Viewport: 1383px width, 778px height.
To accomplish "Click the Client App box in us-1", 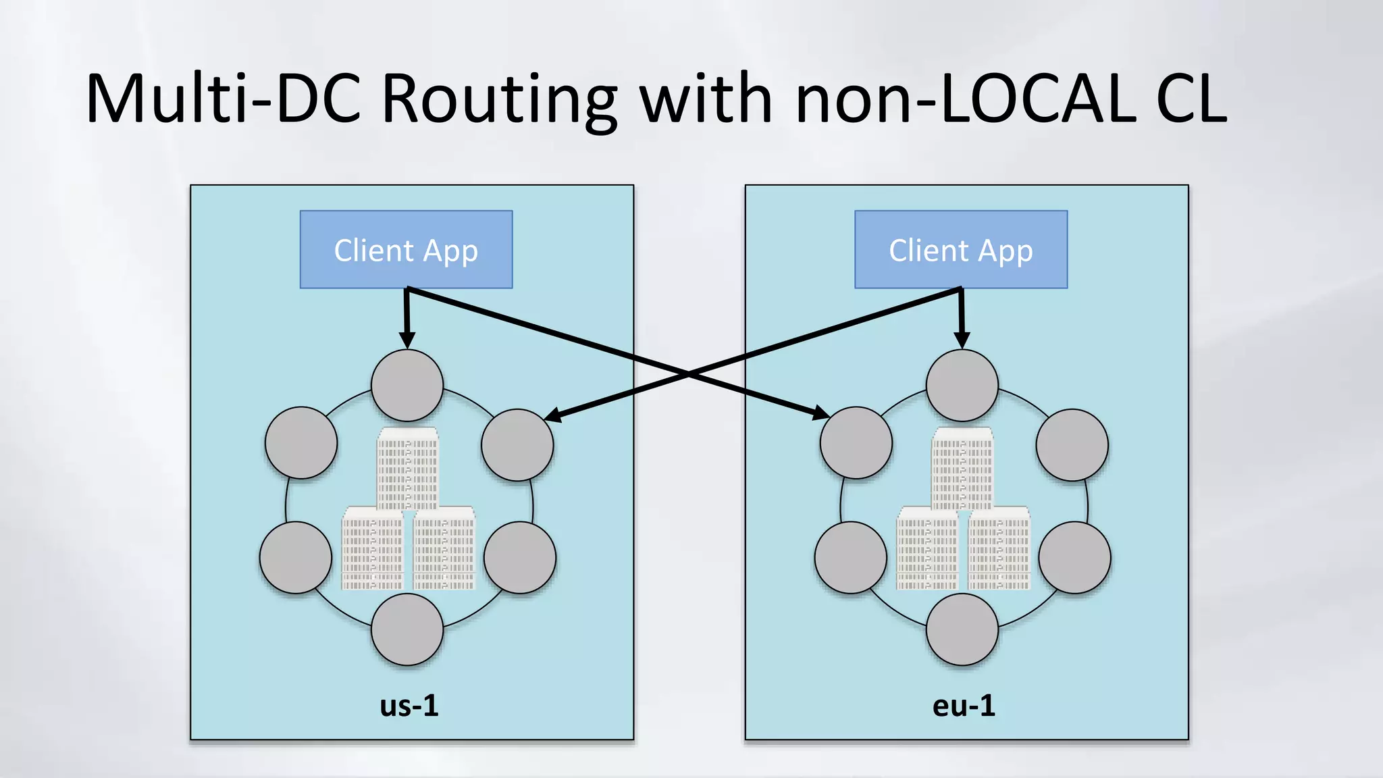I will tap(406, 250).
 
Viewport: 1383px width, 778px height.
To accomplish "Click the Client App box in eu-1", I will tap(961, 250).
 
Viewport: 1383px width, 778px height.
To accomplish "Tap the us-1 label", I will tap(409, 706).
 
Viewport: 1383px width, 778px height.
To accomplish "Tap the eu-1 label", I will tap(964, 706).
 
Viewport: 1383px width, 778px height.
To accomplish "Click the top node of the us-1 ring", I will tap(407, 386).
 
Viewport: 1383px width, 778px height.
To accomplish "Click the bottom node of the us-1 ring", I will tap(407, 629).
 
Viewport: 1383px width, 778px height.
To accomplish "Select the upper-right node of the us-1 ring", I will tap(517, 445).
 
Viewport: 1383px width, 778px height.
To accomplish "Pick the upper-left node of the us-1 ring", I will tap(301, 443).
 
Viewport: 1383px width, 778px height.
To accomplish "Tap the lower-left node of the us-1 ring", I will tap(296, 558).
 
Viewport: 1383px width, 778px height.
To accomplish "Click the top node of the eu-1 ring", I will tap(962, 386).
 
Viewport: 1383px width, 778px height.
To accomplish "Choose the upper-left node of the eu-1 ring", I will tap(856, 443).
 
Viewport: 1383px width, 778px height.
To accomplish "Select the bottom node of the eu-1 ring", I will tap(962, 629).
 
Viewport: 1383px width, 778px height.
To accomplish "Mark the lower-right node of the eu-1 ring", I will tap(1074, 558).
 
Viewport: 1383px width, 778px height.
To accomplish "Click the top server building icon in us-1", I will tap(408, 468).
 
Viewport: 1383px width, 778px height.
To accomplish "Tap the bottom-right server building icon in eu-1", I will tap(999, 548).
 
